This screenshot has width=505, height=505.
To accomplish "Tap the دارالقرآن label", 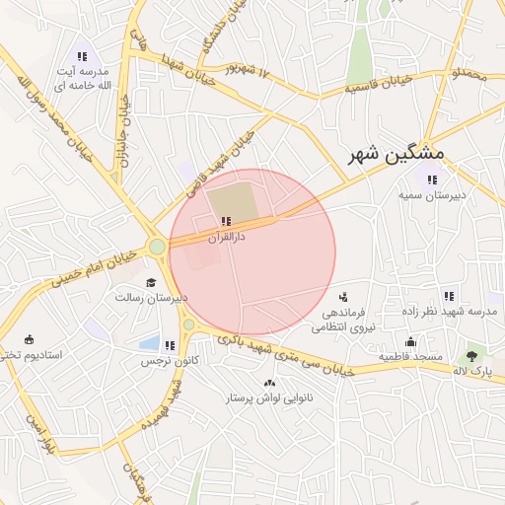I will pyautogui.click(x=227, y=238).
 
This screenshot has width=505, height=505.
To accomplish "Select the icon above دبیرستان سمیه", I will pyautogui.click(x=431, y=180).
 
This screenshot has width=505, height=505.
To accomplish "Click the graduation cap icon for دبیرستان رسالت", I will pyautogui.click(x=151, y=282).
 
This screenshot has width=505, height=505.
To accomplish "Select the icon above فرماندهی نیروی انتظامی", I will pyautogui.click(x=343, y=296).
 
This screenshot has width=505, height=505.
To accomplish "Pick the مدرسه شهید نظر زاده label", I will pyautogui.click(x=450, y=312).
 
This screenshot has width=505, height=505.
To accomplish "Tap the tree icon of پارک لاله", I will pyautogui.click(x=473, y=352).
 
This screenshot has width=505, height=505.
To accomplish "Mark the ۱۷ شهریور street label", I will pyautogui.click(x=246, y=69).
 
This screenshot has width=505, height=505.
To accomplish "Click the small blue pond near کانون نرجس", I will pyautogui.click(x=150, y=344).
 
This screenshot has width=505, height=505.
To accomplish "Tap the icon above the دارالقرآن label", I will pyautogui.click(x=227, y=221).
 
